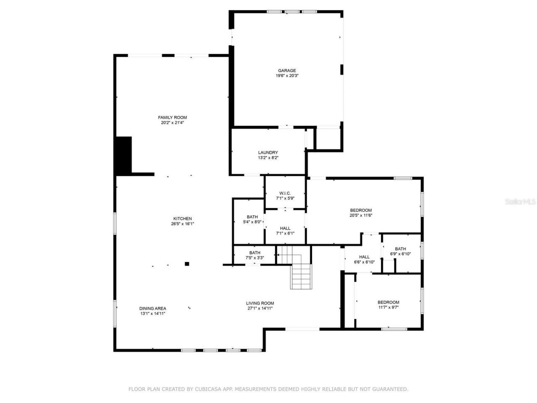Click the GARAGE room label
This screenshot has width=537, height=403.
(287, 71)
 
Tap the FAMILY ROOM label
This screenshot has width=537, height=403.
(172, 118)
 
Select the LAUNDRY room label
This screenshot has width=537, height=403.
(268, 152)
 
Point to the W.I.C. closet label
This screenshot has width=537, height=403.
(285, 193)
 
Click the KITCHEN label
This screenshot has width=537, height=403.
(182, 219)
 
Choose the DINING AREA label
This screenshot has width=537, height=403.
(153, 308)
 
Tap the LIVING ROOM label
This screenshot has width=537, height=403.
(260, 303)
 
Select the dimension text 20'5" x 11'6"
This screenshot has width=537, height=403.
(361, 215)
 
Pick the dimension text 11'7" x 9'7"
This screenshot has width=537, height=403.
(388, 307)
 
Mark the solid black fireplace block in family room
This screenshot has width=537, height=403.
(124, 155)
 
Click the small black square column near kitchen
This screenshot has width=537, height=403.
(187, 264)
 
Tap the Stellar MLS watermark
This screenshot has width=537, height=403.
(520, 202)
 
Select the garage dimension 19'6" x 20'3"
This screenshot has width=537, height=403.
(287, 76)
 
